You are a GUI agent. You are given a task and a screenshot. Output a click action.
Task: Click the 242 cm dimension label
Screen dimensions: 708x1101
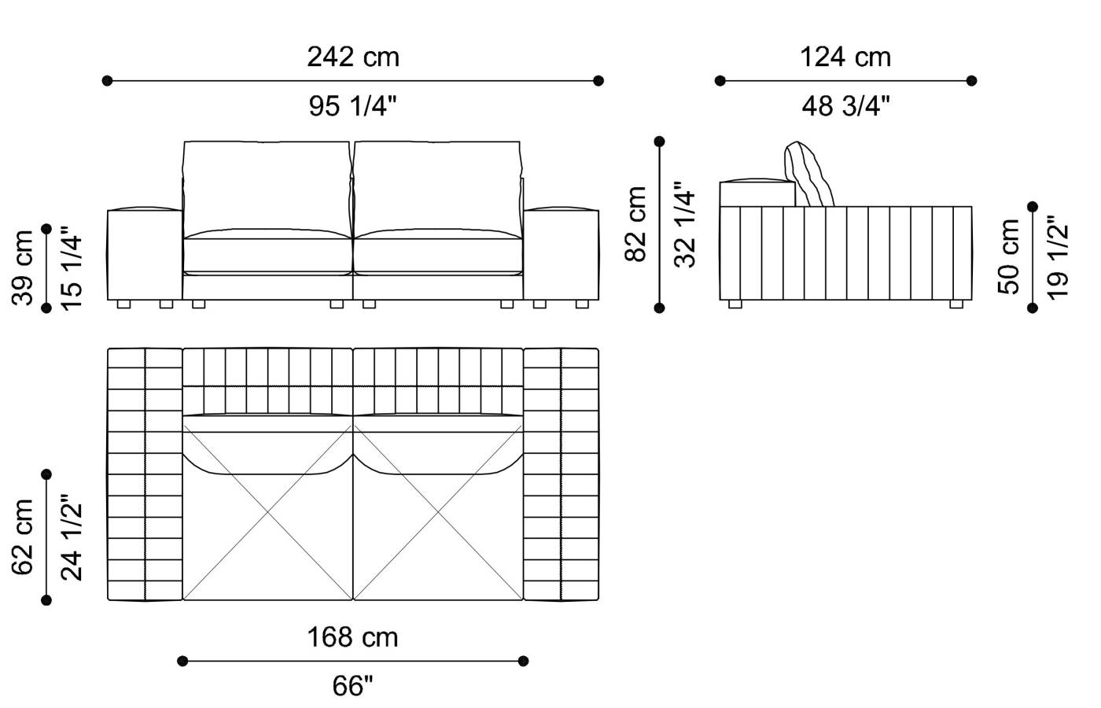(353, 57)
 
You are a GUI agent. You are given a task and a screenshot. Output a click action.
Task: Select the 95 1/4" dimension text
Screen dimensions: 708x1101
(353, 105)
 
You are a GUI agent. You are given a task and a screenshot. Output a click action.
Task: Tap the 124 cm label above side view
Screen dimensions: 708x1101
(845, 57)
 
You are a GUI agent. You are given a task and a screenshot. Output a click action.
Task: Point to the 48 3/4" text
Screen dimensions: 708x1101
(845, 105)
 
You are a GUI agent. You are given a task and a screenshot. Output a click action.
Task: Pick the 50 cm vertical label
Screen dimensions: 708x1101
(1009, 256)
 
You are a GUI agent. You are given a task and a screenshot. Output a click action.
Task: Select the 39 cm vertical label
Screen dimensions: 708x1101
(24, 267)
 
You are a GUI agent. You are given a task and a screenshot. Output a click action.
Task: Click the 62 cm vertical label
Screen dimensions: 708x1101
(24, 537)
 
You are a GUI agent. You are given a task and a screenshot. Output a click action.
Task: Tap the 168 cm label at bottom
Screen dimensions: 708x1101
(352, 637)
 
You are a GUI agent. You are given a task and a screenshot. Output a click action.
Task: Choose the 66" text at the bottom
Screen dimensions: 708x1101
(352, 686)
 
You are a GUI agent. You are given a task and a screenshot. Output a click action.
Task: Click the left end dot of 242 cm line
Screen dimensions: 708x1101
(108, 80)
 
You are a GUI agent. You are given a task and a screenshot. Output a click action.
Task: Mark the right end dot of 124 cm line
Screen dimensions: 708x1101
(972, 80)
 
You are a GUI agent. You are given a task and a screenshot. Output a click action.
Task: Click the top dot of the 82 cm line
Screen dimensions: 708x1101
(660, 142)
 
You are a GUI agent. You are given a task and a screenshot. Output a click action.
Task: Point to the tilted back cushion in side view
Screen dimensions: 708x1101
(809, 175)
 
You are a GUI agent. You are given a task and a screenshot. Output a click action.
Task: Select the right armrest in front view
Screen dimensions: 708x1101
(562, 253)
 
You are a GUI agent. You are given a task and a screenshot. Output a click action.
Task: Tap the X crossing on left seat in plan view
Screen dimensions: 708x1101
(268, 514)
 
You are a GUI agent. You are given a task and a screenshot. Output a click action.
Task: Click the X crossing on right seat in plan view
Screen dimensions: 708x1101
(438, 514)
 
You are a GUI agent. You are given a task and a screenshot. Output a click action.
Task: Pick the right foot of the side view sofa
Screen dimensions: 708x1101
(956, 304)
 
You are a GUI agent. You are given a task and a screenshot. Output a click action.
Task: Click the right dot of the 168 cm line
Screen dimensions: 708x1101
(524, 661)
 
